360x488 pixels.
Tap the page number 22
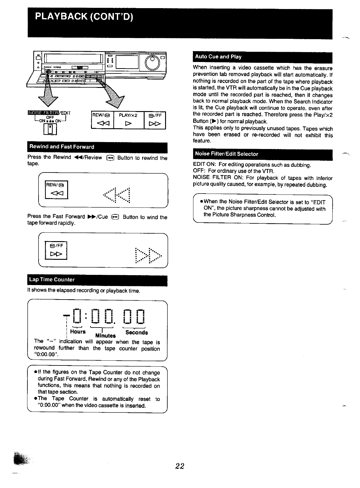[x=180, y=466]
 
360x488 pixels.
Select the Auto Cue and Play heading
[x=218, y=57]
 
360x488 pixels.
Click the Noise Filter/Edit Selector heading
[x=227, y=154]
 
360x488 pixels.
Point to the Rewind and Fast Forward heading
[x=62, y=147]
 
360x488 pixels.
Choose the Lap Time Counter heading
[x=52, y=279]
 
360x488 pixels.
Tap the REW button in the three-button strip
[x=102, y=120]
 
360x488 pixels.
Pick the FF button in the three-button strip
[x=155, y=120]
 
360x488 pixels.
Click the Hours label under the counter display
[x=78, y=331]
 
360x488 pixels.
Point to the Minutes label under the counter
[x=105, y=335]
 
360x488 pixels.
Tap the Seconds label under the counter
[x=136, y=332]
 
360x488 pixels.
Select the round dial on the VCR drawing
[x=152, y=62]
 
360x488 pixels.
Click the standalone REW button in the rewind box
[x=57, y=190]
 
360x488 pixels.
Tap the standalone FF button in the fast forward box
[x=56, y=250]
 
